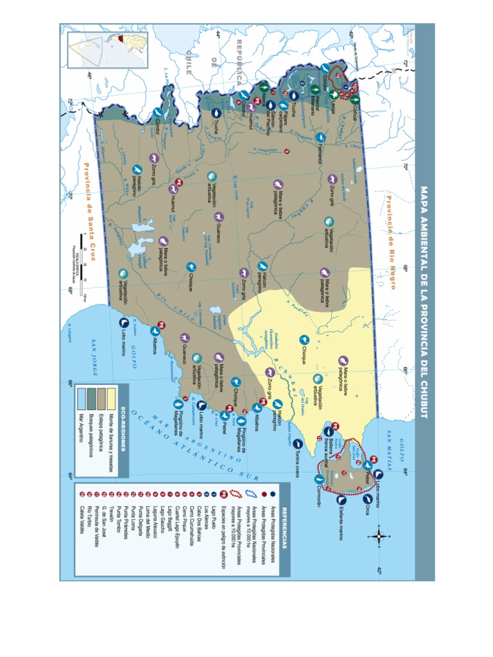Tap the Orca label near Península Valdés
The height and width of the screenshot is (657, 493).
(x=368, y=511)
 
